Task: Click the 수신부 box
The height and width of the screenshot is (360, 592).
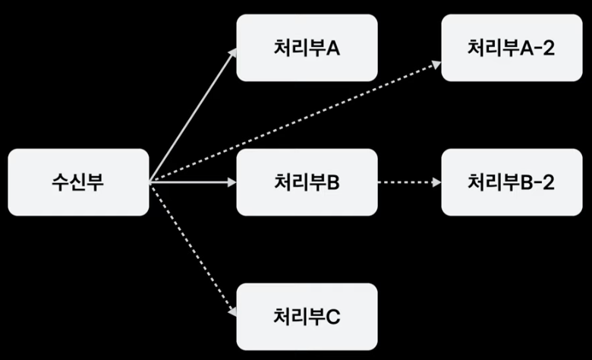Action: (x=78, y=182)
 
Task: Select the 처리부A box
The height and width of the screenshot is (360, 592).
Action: (x=307, y=48)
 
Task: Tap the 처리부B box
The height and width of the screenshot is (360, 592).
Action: (x=307, y=182)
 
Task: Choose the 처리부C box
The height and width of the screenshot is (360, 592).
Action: (x=307, y=317)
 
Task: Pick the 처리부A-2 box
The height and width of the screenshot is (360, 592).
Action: (x=512, y=48)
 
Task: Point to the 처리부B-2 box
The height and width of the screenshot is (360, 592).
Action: (x=512, y=182)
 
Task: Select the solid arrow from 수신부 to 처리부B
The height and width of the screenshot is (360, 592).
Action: (x=190, y=182)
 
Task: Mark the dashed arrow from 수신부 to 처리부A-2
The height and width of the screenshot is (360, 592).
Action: (x=296, y=122)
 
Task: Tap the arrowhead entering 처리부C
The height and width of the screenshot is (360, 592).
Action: (x=233, y=311)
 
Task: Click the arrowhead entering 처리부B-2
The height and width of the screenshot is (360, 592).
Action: (x=437, y=182)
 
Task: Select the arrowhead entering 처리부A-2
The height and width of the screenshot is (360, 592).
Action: (x=436, y=65)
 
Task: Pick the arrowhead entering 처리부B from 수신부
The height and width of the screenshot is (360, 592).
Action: (x=232, y=182)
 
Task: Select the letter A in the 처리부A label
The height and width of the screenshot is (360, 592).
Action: (x=332, y=48)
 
